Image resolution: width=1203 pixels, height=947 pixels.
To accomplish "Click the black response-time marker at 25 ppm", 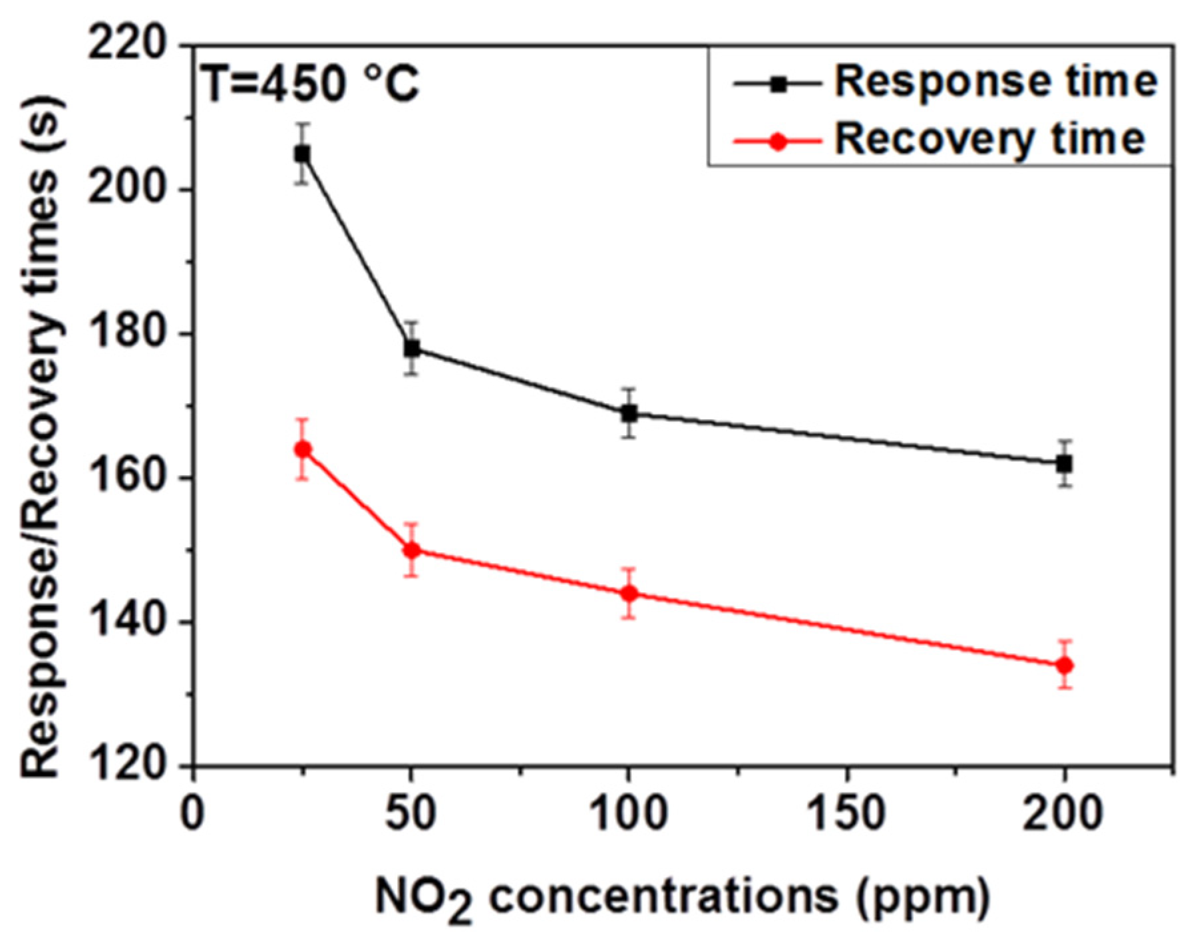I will (302, 154).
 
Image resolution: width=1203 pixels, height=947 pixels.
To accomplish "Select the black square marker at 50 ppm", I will (412, 348).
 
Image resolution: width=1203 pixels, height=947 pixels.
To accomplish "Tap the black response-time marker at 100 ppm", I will (629, 413).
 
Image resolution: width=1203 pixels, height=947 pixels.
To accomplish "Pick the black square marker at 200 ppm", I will (1064, 464).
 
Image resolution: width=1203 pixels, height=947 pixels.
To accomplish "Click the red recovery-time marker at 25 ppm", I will (303, 449).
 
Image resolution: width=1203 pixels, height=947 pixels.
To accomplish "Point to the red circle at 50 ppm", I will (412, 550).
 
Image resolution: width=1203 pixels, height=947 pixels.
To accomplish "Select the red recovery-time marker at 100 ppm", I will (629, 593).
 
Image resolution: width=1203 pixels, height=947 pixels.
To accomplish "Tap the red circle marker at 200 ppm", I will (1065, 665).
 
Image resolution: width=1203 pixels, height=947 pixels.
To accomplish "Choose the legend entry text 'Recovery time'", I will (990, 138).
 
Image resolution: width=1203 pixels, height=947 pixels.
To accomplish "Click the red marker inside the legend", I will (776, 141).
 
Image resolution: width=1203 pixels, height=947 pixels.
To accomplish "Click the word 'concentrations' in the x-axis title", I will (662, 896).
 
